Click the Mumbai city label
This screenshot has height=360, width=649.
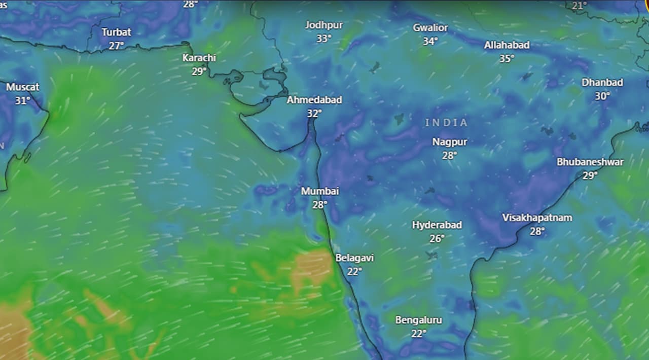320,191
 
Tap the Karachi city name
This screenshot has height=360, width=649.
199,58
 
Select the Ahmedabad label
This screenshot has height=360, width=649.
314,100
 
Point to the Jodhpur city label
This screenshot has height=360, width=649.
324,25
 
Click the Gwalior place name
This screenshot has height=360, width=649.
430,27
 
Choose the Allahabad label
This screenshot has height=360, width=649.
507,45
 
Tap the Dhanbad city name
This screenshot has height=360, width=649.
602,82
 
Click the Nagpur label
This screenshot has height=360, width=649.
450,142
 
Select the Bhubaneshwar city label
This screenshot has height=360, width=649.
590,162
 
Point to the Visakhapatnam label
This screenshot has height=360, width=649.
537,218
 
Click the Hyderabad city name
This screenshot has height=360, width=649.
437,225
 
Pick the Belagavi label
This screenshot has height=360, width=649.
354,258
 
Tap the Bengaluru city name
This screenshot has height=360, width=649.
419,320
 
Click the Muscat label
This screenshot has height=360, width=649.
22,87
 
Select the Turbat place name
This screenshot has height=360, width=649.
116,32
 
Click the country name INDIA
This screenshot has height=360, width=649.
447,122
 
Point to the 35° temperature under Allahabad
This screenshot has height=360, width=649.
507,58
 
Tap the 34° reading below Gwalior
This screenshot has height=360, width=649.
430,41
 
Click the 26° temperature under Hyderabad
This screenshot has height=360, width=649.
437,238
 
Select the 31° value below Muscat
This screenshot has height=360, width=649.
22,100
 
